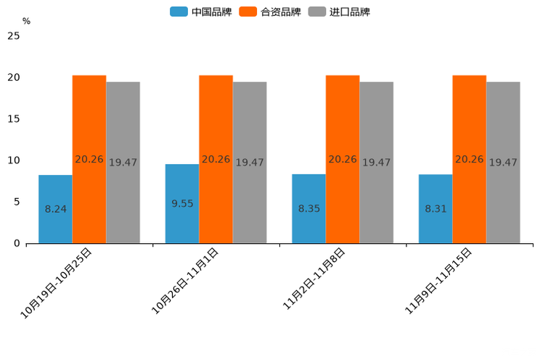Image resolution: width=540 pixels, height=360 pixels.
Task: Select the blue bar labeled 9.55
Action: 182,204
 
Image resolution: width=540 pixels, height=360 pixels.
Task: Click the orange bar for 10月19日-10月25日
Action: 89,159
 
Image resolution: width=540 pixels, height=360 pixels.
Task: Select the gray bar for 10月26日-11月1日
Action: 250,163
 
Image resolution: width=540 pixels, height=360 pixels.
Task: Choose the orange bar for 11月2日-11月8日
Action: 343,159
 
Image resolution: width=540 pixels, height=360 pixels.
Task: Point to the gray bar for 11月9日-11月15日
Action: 503,163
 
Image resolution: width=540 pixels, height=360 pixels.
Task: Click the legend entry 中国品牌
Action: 201,12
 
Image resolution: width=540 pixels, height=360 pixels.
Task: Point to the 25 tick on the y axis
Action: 14,36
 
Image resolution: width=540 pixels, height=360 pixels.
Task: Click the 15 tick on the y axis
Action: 14,119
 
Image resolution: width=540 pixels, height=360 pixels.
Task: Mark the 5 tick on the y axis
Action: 17,202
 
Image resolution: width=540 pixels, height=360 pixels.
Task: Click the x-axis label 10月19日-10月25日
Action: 57,282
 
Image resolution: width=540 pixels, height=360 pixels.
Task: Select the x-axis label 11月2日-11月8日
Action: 314,280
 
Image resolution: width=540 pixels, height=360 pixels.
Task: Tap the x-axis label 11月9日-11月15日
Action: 438,280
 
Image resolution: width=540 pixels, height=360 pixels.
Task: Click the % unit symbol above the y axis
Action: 26,21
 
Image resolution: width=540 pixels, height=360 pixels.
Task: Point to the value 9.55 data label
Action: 182,204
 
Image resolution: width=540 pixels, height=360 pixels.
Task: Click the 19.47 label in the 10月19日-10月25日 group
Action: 123,163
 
